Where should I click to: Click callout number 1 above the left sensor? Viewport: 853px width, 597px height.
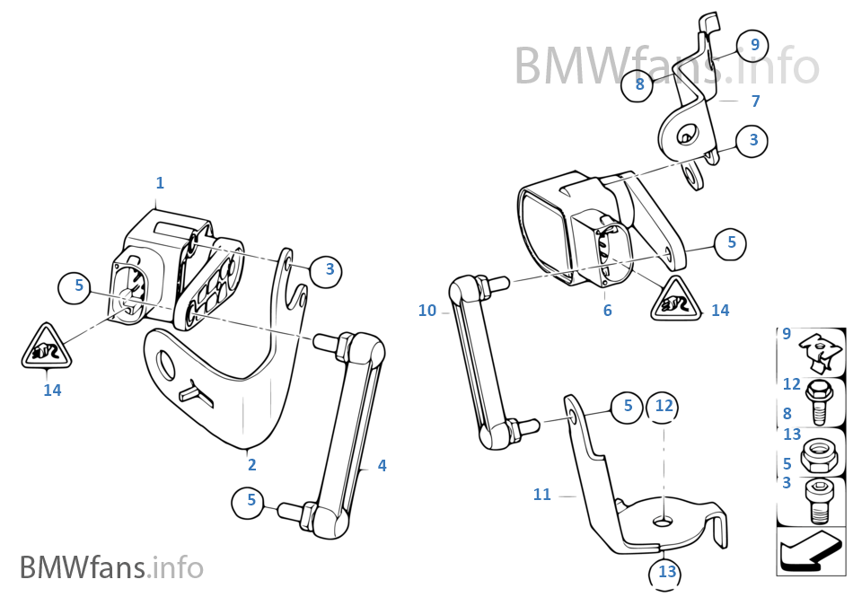pos(160,183)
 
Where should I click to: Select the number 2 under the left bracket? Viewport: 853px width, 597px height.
pos(252,464)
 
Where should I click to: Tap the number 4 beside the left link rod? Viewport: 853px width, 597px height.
pos(382,465)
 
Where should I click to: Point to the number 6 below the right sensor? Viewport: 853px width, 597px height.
pos(608,311)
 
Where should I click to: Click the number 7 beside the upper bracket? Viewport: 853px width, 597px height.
pos(755,101)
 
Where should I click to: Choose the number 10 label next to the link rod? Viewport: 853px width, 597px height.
pos(427,311)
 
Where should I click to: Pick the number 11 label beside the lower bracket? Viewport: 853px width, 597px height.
pos(542,495)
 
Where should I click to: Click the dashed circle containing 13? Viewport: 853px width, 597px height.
pos(666,571)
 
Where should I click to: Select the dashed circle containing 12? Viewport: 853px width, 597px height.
pos(664,407)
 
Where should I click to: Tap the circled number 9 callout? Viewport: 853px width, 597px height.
pos(754,44)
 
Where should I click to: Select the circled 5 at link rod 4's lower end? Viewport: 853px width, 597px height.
pos(251,501)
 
